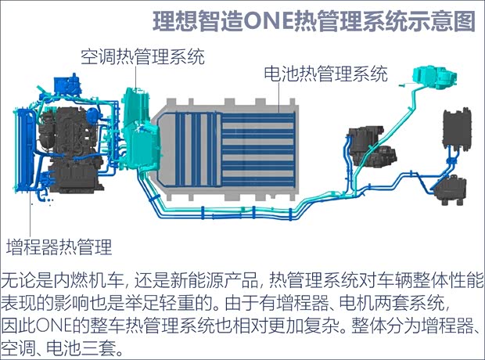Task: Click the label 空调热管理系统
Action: pyautogui.click(x=142, y=56)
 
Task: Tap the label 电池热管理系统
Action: pyautogui.click(x=325, y=74)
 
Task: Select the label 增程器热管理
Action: pyautogui.click(x=59, y=247)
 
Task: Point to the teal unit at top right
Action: pyautogui.click(x=435, y=77)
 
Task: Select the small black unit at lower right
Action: pyautogui.click(x=451, y=190)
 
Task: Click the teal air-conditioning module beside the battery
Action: pyautogui.click(x=141, y=128)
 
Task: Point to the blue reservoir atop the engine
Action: pyautogui.click(x=67, y=85)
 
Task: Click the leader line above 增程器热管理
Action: pyautogui.click(x=31, y=214)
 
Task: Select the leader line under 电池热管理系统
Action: pyautogui.click(x=279, y=97)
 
